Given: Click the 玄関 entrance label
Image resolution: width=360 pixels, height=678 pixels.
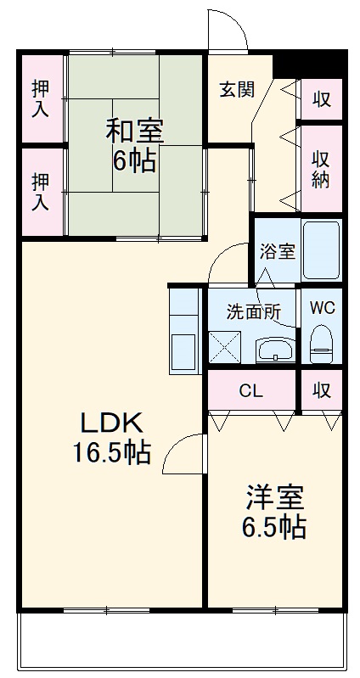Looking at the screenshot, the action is (237, 89).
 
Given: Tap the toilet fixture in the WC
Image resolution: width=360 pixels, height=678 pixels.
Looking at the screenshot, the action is (321, 344).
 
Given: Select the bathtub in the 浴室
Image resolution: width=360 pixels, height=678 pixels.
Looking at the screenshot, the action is (321, 251).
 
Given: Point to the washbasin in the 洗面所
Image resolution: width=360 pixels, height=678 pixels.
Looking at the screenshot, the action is (275, 350).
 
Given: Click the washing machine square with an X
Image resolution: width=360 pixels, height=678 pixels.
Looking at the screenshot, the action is (224, 347).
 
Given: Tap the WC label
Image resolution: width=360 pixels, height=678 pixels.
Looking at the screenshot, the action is (322, 308).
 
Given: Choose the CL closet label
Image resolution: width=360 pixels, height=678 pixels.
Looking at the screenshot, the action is (251, 391).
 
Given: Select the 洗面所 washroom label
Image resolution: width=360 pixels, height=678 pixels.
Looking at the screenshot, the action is (254, 311).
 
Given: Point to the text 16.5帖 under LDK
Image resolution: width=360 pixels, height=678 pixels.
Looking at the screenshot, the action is (111, 453).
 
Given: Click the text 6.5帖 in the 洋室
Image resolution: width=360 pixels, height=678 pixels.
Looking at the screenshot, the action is (273, 527).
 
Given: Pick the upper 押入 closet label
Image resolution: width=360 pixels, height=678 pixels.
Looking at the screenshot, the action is (40, 98).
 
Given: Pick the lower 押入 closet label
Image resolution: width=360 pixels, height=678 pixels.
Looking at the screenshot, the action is (40, 192).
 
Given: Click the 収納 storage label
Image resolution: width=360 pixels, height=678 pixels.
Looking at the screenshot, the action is (321, 170).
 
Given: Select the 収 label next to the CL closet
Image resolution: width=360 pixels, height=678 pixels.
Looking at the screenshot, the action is (322, 391).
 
